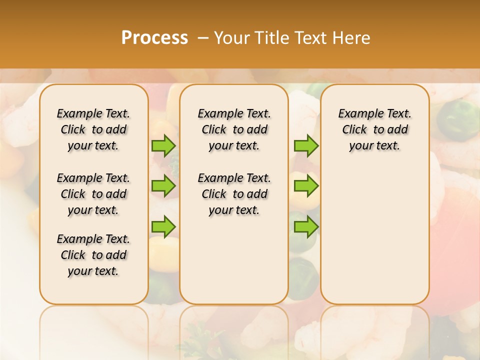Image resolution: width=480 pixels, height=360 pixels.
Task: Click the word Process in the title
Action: [x=154, y=38]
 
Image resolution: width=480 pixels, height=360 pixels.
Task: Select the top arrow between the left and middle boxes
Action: [x=163, y=145]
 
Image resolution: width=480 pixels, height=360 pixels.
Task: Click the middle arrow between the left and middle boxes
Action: [x=163, y=186]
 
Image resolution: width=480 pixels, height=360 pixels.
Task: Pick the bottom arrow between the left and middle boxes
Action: [x=163, y=226]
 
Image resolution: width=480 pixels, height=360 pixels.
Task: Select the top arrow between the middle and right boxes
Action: [x=306, y=145]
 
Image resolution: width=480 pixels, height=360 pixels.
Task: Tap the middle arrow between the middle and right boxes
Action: [x=306, y=186]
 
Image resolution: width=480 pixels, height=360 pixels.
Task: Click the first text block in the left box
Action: [x=93, y=129]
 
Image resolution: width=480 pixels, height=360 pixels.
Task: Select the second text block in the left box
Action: [x=93, y=194]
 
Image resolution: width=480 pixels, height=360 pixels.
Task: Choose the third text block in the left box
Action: [x=93, y=255]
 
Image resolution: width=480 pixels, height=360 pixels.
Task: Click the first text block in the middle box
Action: [x=234, y=129]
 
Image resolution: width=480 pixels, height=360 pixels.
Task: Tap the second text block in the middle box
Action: [x=234, y=194]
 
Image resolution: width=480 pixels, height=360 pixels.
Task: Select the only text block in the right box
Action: [x=375, y=129]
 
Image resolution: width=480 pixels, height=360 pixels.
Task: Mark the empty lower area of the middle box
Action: [x=234, y=260]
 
